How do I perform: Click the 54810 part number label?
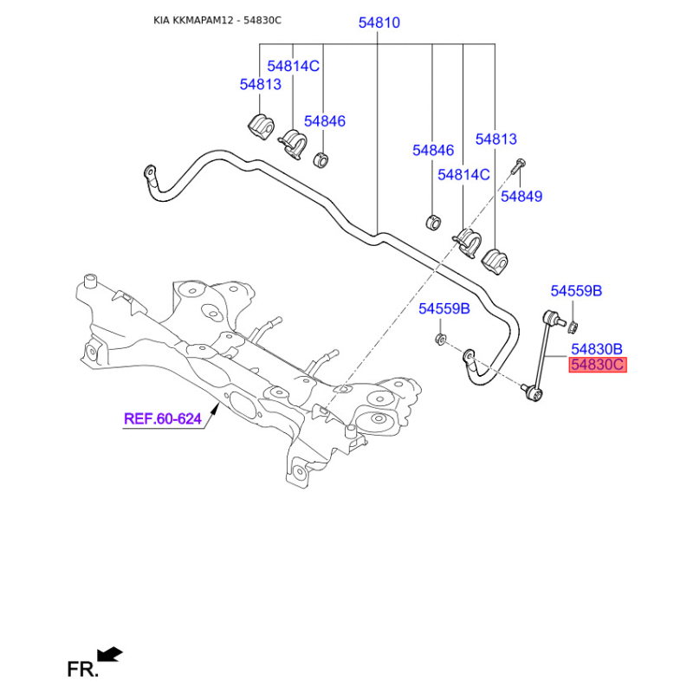point(379,23)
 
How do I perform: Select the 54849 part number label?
point(521,197)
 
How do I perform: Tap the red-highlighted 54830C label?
point(596,365)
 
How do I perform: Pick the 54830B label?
point(596,348)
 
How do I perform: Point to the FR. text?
point(83,669)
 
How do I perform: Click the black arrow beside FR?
point(110,654)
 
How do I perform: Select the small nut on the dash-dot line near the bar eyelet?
point(440,338)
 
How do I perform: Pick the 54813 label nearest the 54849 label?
point(495,139)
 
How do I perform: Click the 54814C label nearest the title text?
point(293,66)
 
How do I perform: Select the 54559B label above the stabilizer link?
point(575,291)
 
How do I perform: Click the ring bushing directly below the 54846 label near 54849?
point(433,220)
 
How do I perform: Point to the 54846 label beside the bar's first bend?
point(325,121)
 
